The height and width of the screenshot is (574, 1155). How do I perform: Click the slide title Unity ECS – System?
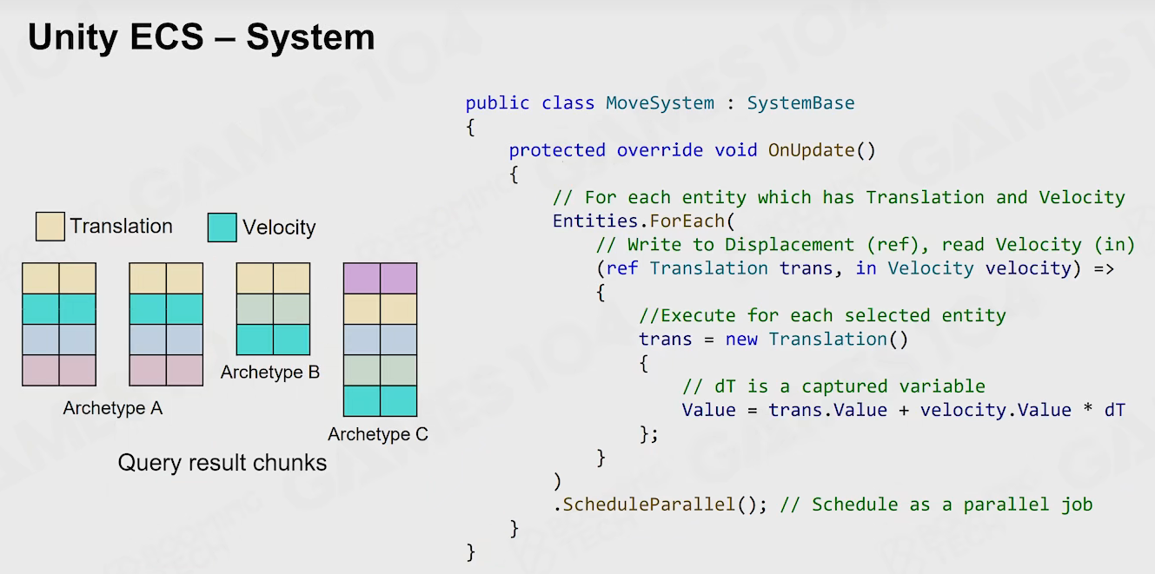[201, 37]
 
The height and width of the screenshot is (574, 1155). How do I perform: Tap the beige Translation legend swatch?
[50, 226]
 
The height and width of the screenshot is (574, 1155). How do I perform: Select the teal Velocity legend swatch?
[222, 228]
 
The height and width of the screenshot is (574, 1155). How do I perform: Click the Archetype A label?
[112, 408]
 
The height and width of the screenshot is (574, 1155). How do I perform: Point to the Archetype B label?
[270, 372]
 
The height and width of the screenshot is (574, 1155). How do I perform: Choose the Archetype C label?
[378, 434]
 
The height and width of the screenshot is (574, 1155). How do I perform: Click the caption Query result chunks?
[222, 463]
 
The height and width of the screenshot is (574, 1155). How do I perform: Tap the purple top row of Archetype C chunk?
[380, 278]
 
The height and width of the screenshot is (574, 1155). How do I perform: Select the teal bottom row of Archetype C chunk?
[380, 401]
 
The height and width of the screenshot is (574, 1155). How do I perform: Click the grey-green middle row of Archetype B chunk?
[273, 309]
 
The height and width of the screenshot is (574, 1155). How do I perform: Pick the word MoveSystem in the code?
[660, 103]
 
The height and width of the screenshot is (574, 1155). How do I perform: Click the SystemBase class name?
[800, 103]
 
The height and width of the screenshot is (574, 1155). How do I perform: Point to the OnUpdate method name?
[812, 150]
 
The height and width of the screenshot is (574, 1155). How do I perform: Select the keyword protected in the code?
[557, 150]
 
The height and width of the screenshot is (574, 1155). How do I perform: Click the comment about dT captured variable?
[833, 386]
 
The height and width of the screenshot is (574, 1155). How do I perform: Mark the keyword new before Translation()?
[741, 340]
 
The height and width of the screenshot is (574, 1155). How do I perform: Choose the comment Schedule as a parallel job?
[936, 505]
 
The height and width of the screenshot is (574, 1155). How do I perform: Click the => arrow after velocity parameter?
[1104, 269]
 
